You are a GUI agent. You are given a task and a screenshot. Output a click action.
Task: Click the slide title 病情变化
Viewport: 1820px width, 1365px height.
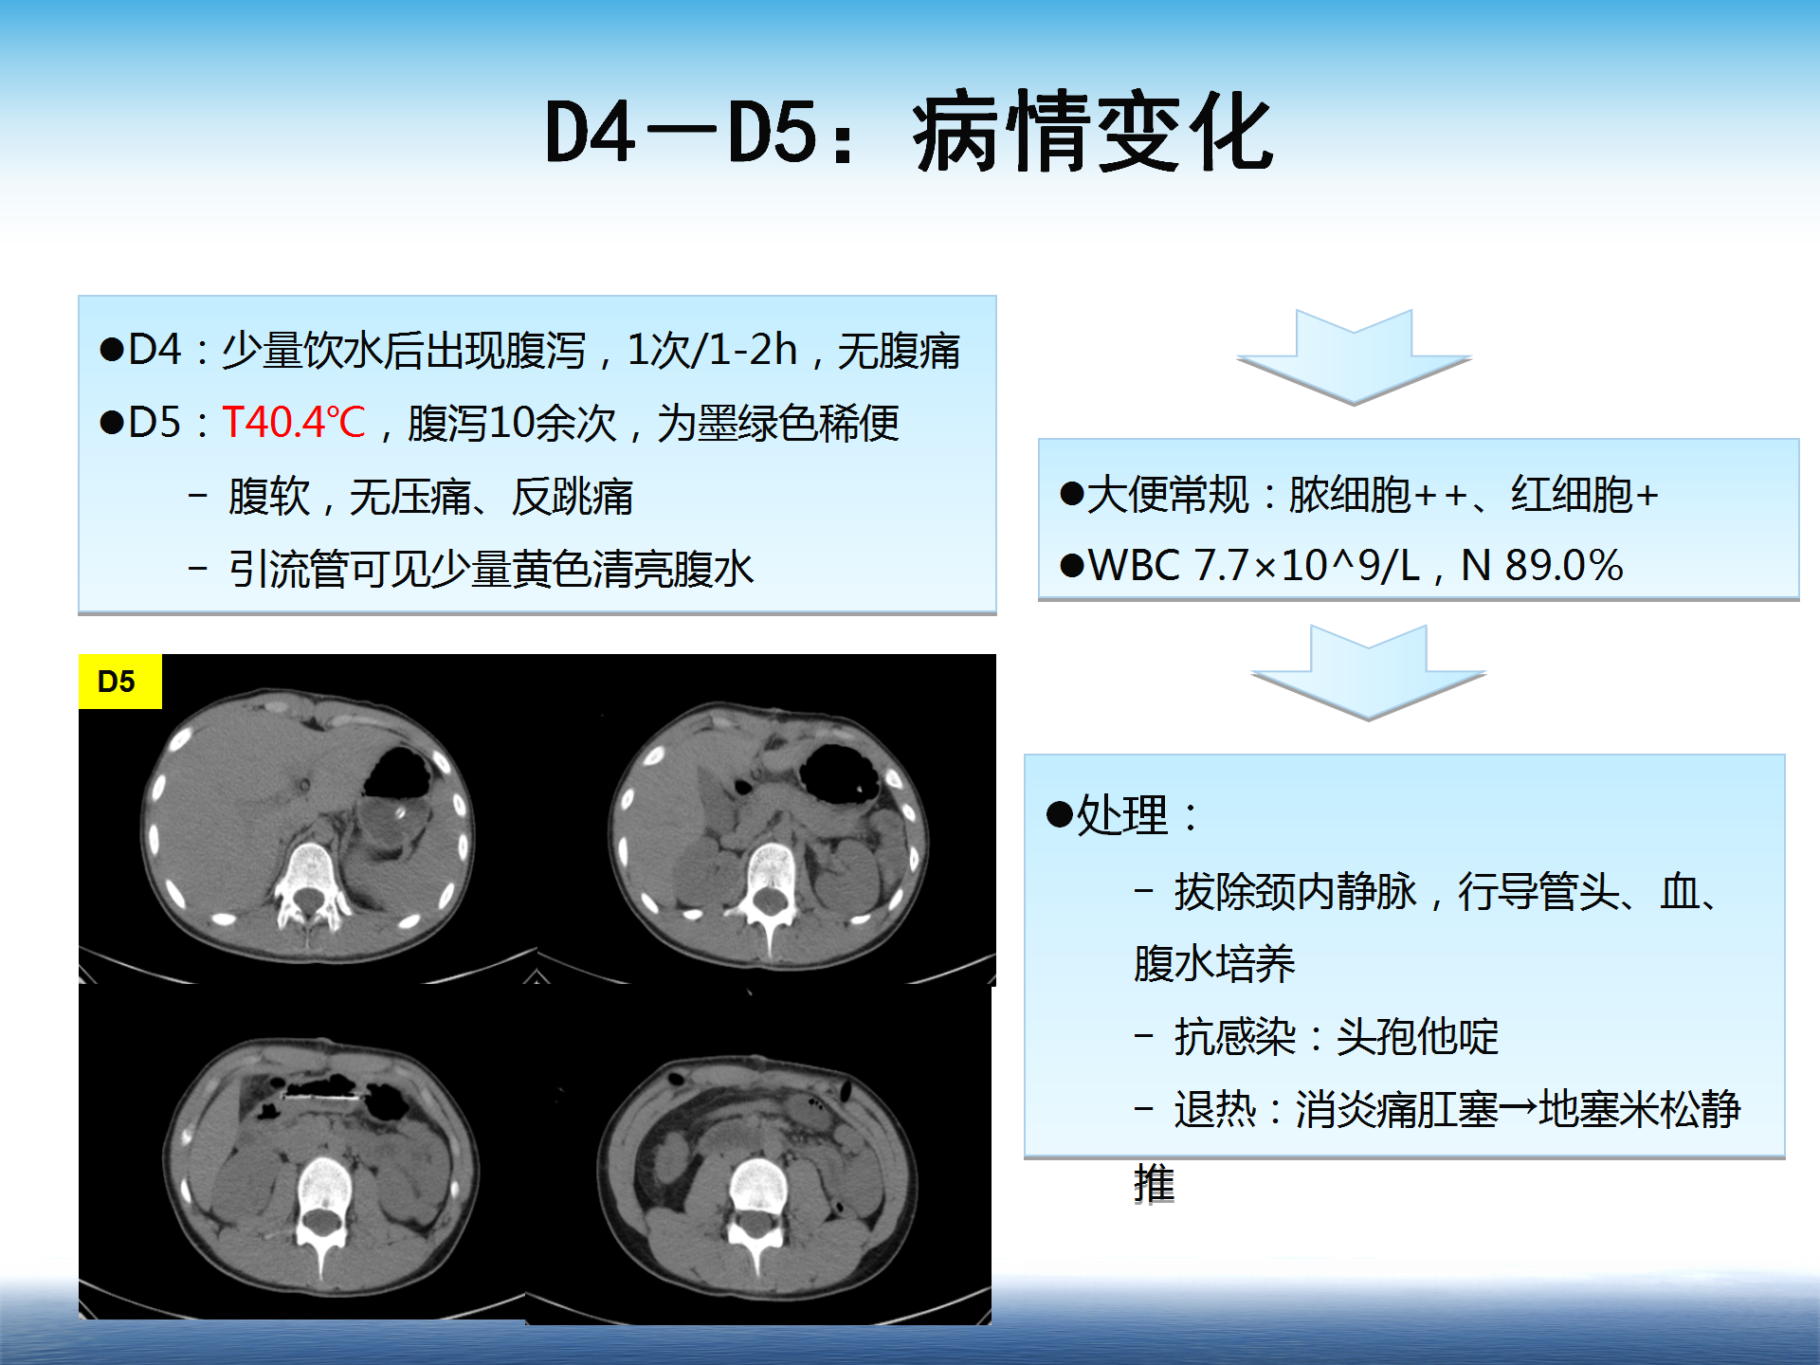pos(1093,133)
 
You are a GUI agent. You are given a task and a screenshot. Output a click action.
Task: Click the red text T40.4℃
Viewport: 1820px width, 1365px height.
pos(294,423)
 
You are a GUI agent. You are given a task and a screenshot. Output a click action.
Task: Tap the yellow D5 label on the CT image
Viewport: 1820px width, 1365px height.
pos(120,682)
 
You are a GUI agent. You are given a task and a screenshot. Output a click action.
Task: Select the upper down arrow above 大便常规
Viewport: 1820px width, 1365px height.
pos(1354,356)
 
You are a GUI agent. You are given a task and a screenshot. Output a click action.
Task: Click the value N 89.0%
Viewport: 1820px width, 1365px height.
pos(1542,566)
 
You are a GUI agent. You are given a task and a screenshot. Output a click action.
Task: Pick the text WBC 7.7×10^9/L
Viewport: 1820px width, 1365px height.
pos(1254,566)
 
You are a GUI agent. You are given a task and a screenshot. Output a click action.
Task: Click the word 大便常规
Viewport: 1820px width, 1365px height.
pos(1168,495)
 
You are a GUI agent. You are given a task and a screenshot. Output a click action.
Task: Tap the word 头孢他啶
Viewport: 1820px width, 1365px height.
pos(1417,1037)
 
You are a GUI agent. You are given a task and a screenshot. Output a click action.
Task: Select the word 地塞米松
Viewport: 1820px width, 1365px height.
pos(1620,1109)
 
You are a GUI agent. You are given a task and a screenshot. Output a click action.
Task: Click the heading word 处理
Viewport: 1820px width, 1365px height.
pos(1122,815)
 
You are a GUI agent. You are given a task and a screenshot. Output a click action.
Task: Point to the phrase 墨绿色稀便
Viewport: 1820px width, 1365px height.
pos(798,423)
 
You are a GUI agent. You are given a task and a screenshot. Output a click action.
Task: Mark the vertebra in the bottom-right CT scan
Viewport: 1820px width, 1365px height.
pos(757,1204)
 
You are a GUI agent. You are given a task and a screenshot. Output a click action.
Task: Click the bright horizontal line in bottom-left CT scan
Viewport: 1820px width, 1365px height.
pos(324,1096)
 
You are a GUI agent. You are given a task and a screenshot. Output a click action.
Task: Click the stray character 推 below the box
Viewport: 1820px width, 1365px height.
pos(1155,1184)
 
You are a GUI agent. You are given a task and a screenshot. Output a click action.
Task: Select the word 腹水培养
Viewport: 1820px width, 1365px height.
pos(1214,964)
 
